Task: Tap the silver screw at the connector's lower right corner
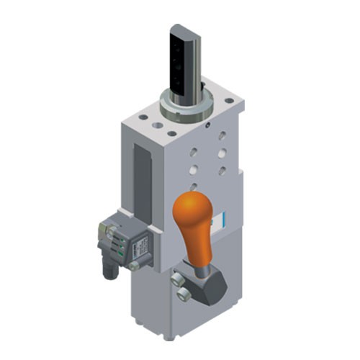pos(133,266)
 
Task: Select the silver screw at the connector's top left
pos(101,225)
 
